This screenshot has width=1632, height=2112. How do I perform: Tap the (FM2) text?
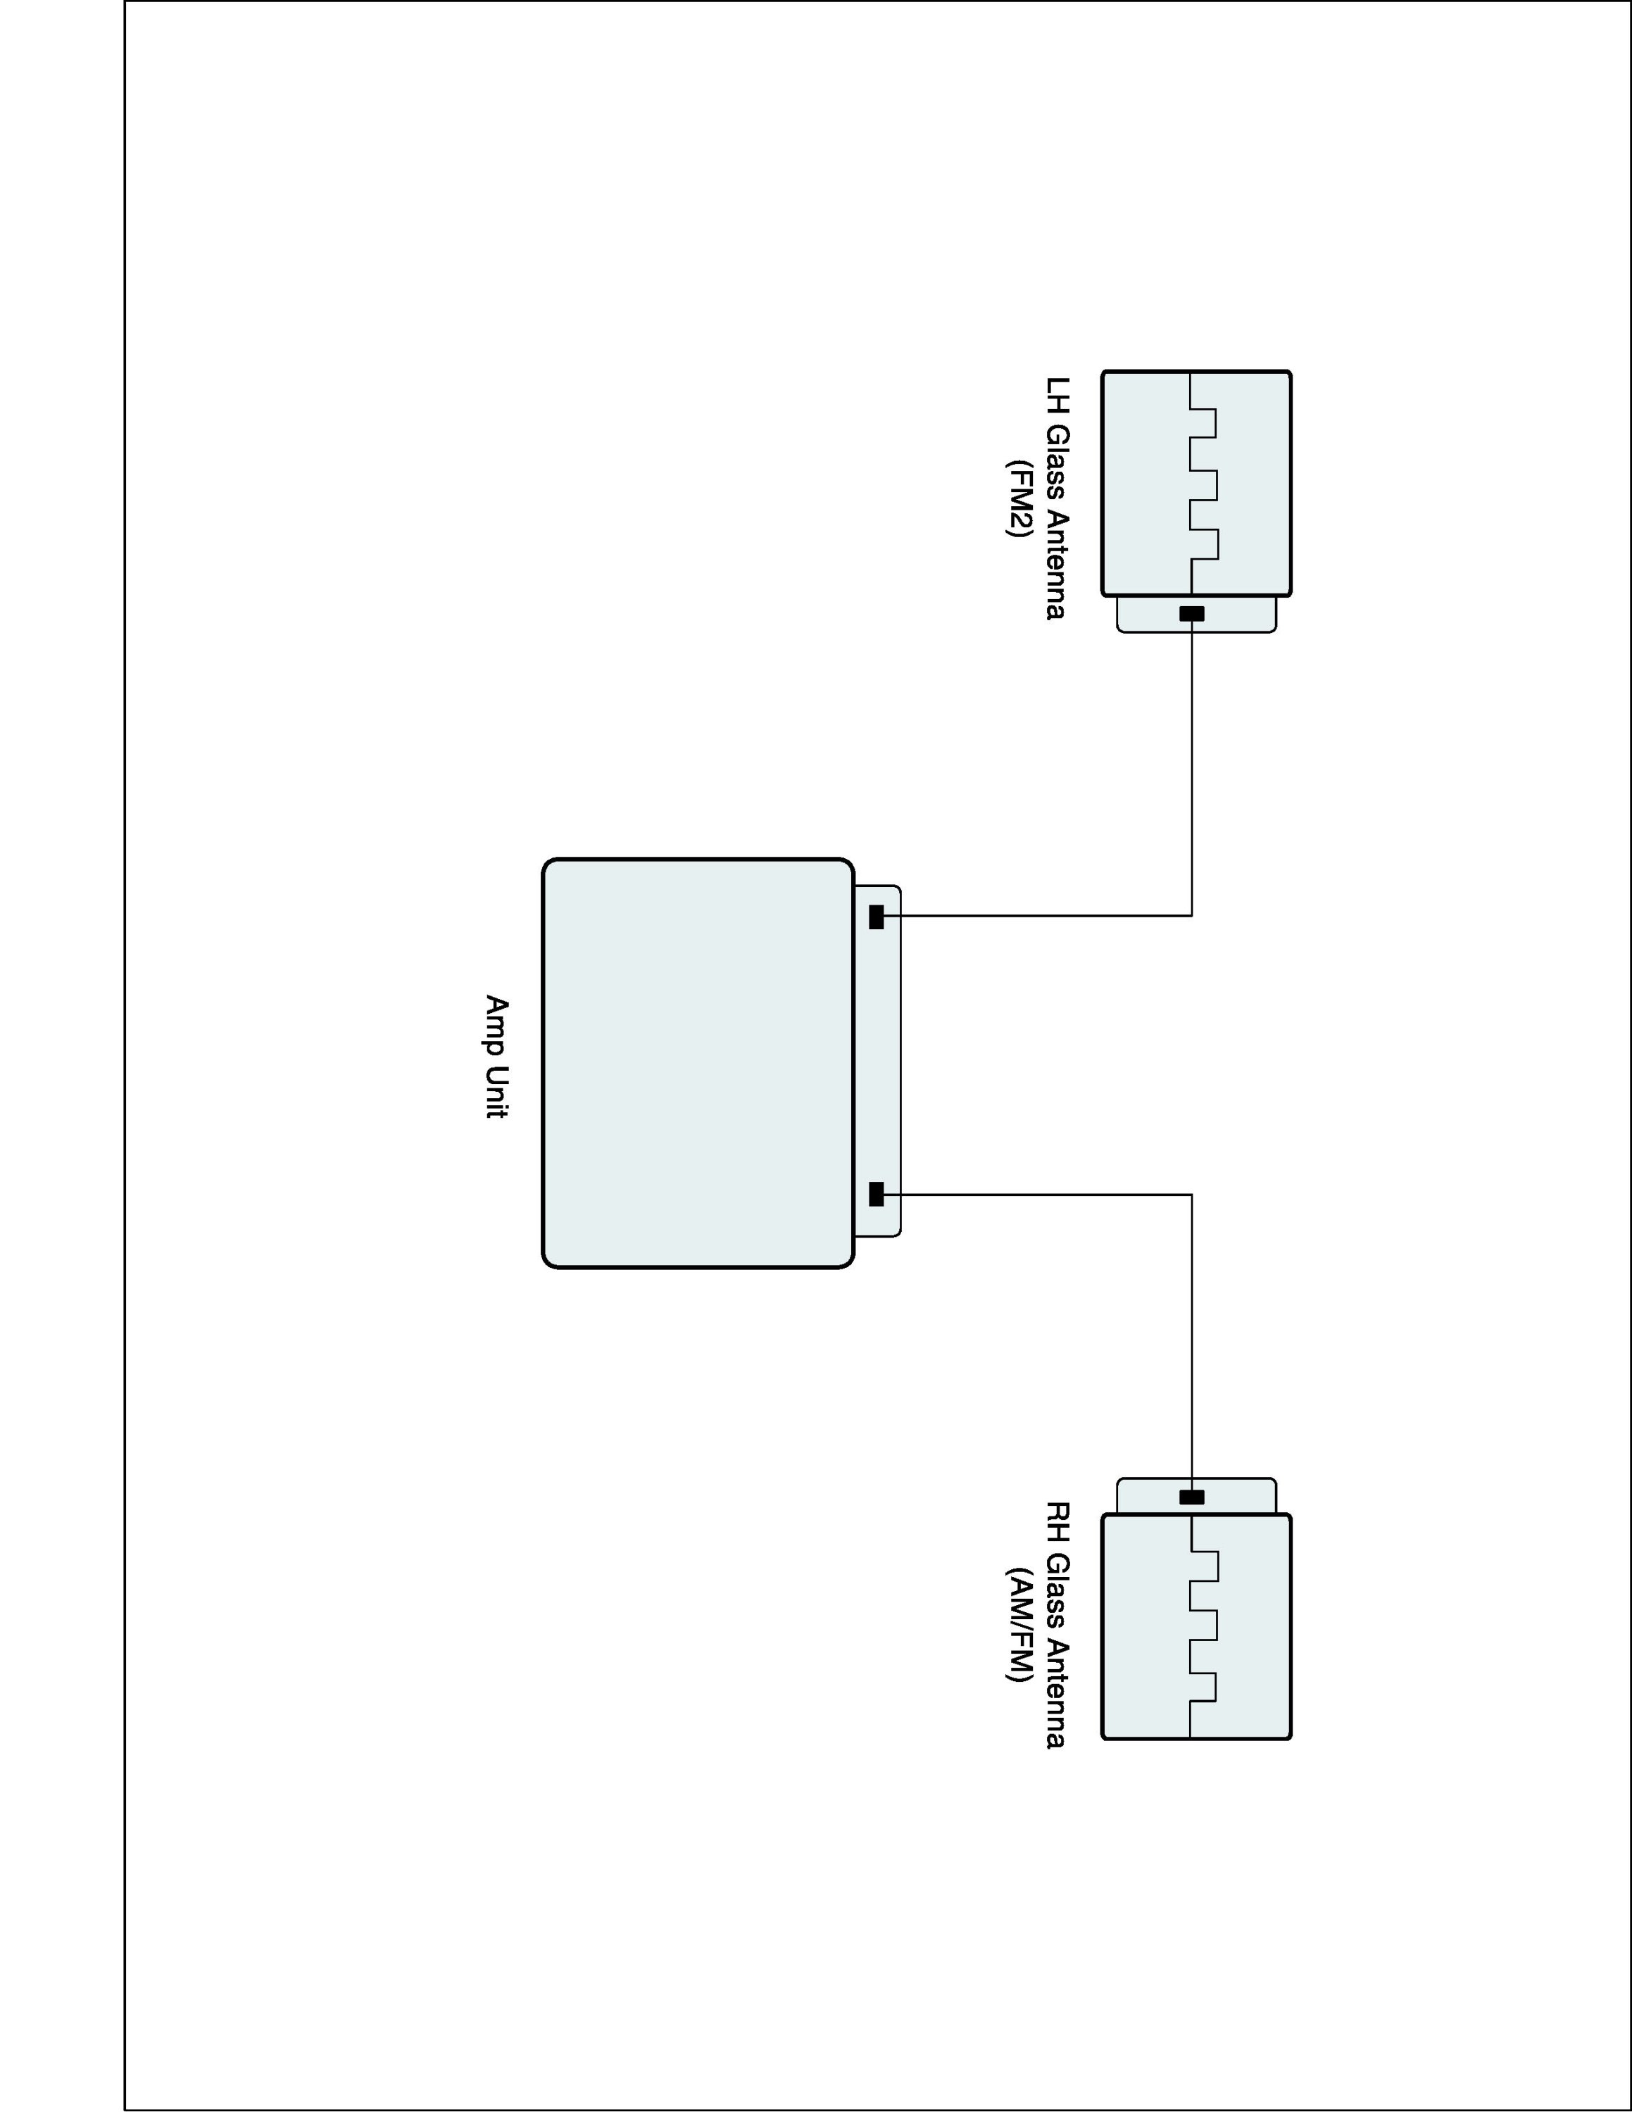click(1018, 497)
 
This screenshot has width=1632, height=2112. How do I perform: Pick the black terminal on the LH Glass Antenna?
click(1191, 614)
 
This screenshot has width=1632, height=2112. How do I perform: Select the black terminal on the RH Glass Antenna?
click(1191, 1497)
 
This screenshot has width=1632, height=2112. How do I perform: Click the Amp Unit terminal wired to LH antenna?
click(876, 916)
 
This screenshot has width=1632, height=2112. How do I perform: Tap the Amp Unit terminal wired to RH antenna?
click(876, 1194)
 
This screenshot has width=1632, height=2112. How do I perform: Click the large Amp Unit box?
click(697, 1062)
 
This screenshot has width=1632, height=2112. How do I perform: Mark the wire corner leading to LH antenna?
click(1191, 914)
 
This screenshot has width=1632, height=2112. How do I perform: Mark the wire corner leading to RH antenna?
click(1191, 1195)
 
